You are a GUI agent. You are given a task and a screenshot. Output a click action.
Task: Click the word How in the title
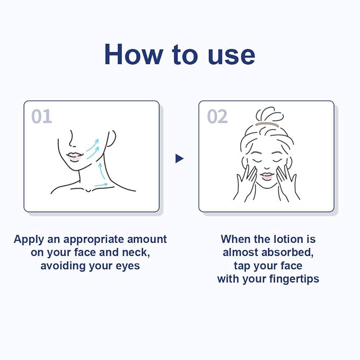(134, 55)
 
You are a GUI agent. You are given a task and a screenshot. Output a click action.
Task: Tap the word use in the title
(231, 57)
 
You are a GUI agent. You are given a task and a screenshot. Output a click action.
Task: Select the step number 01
(41, 116)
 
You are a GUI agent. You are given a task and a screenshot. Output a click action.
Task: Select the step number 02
(217, 117)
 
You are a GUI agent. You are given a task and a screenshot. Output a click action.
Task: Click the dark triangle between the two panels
(179, 159)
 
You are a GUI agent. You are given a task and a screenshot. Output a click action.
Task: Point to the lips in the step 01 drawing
(74, 157)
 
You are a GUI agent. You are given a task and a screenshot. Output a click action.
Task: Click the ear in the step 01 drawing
(111, 138)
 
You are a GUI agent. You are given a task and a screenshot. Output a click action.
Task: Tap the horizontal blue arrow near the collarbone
(101, 185)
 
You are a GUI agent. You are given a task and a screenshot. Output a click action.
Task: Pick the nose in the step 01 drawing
(72, 139)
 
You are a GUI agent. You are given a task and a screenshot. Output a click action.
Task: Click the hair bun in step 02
(269, 115)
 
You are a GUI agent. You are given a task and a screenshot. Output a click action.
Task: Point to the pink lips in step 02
(267, 177)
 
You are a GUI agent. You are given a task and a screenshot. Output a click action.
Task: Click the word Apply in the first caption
(29, 240)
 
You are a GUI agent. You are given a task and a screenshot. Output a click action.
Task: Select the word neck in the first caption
(136, 252)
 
